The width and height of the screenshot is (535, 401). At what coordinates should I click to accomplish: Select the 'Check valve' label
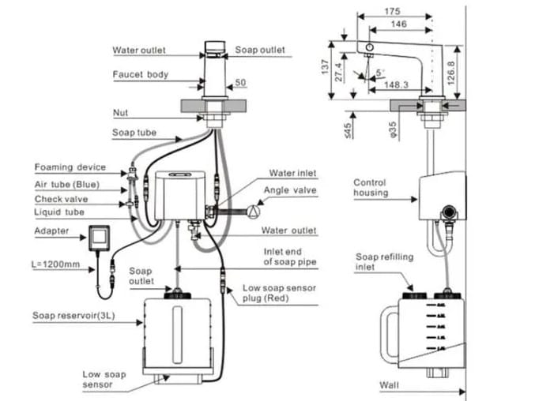point(61,200)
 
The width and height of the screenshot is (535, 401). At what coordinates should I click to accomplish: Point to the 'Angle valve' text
point(293,190)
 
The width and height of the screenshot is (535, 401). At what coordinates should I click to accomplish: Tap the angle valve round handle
point(253,211)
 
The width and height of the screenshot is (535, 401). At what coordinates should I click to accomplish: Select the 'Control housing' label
point(370,188)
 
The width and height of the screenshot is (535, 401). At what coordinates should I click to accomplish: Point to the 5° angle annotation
point(382,72)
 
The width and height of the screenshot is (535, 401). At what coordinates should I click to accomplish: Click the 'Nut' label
point(121,113)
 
